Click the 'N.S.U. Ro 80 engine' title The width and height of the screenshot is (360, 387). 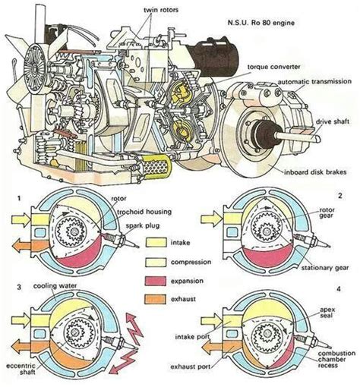(261, 23)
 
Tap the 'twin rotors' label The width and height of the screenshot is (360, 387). (161, 10)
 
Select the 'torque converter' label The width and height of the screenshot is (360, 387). (273, 67)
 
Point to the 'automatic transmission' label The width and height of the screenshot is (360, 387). (314, 81)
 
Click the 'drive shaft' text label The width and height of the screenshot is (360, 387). (333, 121)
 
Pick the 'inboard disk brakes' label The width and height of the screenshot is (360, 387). (315, 172)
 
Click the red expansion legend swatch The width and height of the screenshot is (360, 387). (156, 281)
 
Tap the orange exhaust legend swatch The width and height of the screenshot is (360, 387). (156, 299)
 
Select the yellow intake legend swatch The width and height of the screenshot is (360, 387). (156, 243)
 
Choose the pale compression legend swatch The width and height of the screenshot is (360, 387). (156, 262)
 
